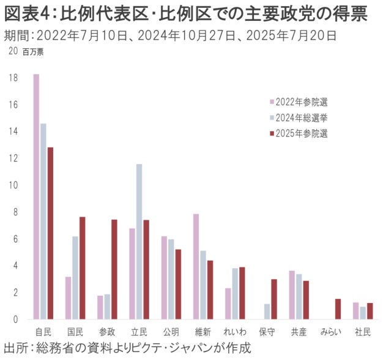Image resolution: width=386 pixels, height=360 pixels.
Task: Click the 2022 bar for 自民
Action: click(37, 196)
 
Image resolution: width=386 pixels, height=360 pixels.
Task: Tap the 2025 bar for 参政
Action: click(114, 269)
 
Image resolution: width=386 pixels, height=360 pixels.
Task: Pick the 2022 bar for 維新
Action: click(196, 266)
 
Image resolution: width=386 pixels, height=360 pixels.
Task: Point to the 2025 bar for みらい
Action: click(338, 309)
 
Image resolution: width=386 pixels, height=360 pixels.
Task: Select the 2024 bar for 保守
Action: click(267, 312)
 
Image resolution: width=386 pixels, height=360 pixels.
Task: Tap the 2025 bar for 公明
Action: click(178, 284)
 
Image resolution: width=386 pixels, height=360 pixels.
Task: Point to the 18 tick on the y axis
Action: click(13, 78)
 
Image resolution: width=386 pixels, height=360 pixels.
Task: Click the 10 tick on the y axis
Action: click(13, 186)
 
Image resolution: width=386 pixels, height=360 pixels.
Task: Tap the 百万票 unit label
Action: click(34, 51)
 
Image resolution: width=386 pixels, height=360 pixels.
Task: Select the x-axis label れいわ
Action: click(235, 332)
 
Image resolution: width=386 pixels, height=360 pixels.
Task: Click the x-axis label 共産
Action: click(298, 332)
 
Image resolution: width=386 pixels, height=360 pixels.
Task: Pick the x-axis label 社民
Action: click(363, 332)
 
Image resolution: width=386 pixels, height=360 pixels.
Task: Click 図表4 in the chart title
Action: click(26, 13)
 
